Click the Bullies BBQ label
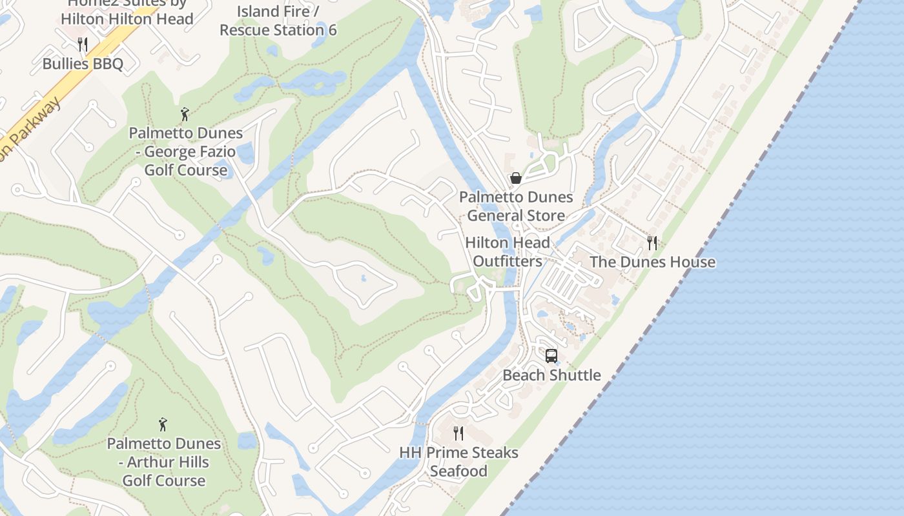tap(82, 63)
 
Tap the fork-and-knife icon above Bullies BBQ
tap(82, 44)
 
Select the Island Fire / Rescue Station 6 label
tap(278, 21)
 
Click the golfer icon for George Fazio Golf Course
tap(185, 115)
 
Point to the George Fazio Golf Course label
tap(186, 152)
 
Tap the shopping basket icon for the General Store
tap(516, 178)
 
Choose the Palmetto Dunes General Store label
tap(516, 206)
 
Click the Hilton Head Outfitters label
tap(508, 252)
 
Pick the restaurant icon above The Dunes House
tap(652, 243)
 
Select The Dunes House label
tap(652, 262)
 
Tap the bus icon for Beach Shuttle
tap(551, 355)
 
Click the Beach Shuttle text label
tap(551, 375)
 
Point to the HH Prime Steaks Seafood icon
tap(458, 433)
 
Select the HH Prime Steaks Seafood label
tap(458, 462)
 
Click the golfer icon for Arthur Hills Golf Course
tap(163, 425)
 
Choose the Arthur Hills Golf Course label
tap(164, 462)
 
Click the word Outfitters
tap(508, 261)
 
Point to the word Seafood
tap(458, 471)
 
